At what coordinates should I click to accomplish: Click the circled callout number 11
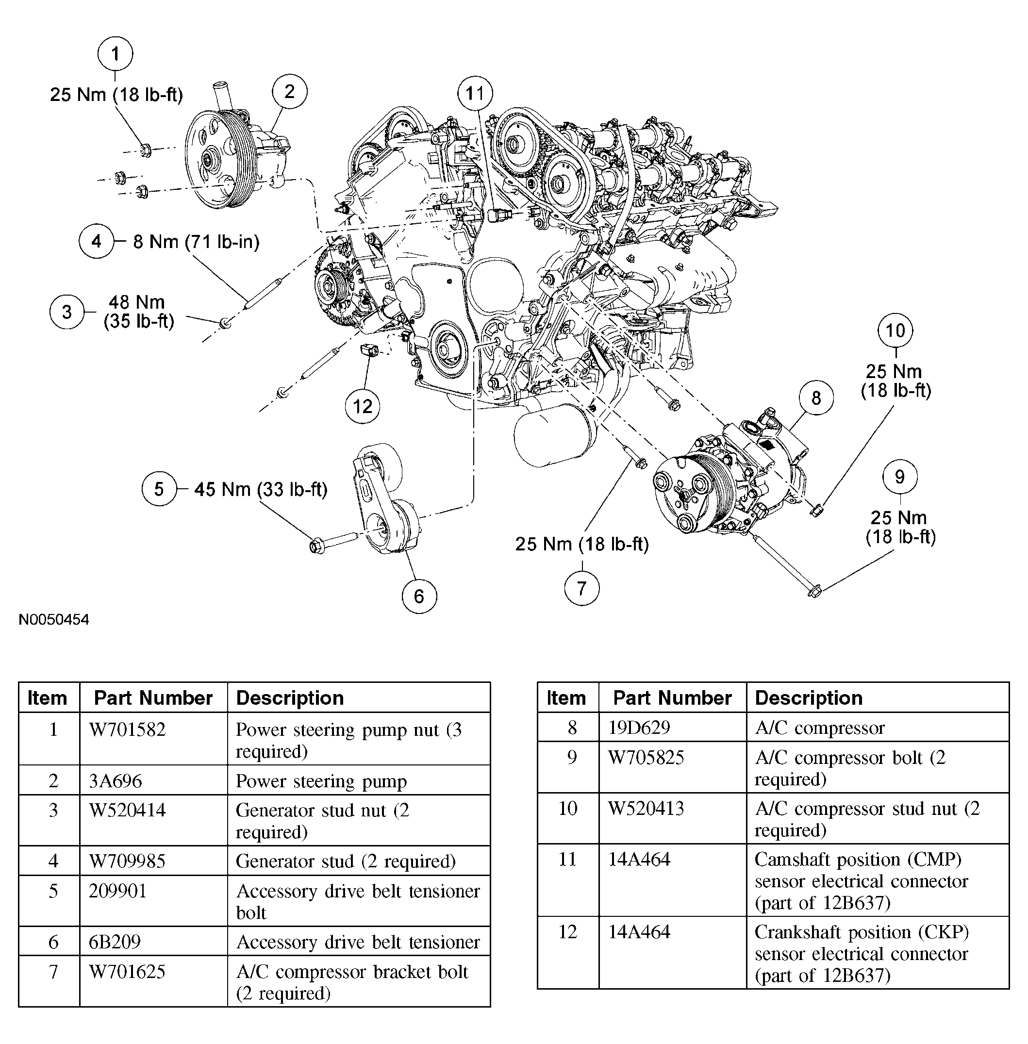[x=475, y=93]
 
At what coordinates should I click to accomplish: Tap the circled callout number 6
[x=419, y=596]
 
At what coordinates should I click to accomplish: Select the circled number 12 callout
[x=362, y=406]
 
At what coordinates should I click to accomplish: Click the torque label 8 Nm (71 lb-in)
[x=197, y=242]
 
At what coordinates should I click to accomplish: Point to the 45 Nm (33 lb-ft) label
[x=261, y=490]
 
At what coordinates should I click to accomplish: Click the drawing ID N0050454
[x=54, y=619]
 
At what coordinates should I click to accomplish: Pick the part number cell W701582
[x=128, y=730]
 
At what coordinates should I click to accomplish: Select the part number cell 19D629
[x=639, y=728]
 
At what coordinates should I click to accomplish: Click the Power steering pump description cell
[x=321, y=781]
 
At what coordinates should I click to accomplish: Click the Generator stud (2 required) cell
[x=346, y=861]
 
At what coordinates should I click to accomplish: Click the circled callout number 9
[x=899, y=477]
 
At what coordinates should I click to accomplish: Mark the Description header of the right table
[x=808, y=698]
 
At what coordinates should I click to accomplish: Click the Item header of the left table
[x=48, y=698]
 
